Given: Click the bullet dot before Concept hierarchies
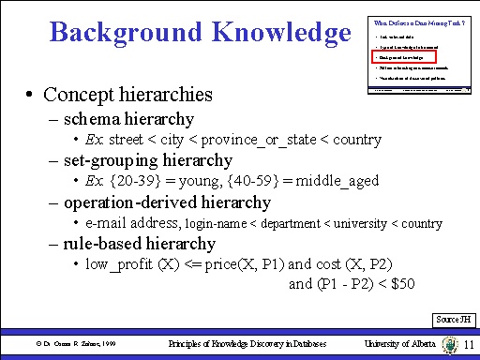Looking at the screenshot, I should [31, 96].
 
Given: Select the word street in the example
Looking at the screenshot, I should [126, 140].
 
